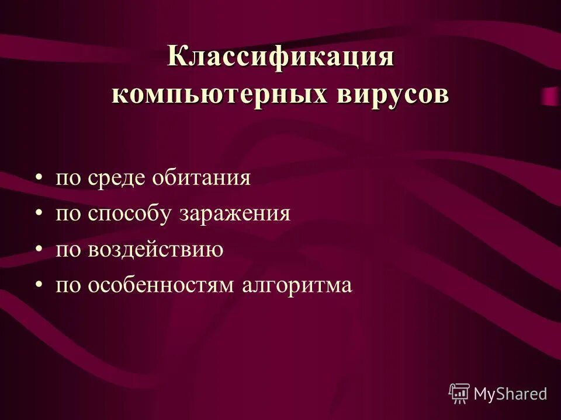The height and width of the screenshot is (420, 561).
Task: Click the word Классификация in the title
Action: tap(280, 58)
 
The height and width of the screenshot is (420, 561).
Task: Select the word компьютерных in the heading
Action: tap(219, 95)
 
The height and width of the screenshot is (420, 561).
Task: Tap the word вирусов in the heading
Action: tap(393, 95)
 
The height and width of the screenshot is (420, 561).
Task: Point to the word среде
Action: tap(119, 178)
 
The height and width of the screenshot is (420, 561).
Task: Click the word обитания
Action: tap(202, 178)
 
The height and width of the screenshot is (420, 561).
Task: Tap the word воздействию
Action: tap(156, 250)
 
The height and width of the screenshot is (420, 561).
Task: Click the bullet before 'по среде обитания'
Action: tap(39, 177)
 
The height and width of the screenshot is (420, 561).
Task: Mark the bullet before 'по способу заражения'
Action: tap(39, 213)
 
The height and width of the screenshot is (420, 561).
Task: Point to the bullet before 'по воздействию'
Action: tap(39, 249)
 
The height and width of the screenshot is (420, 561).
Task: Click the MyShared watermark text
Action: tap(510, 394)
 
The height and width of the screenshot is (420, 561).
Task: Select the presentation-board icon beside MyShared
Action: tap(459, 394)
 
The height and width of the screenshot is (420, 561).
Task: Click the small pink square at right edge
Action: tap(550, 96)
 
